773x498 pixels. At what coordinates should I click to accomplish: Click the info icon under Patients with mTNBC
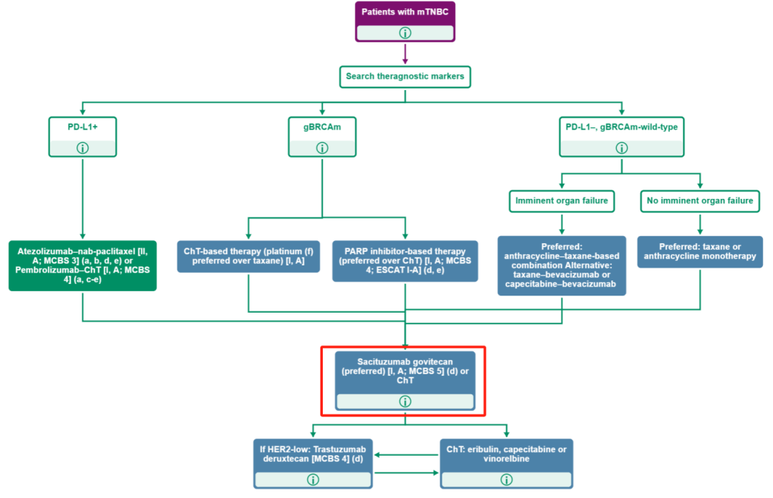coord(405,33)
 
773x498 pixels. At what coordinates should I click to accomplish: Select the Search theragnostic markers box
coord(405,76)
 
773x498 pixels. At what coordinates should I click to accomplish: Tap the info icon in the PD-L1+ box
coord(83,148)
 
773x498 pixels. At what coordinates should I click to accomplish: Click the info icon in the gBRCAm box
coord(322,148)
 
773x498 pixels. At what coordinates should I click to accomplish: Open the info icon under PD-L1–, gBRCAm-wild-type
coord(621,148)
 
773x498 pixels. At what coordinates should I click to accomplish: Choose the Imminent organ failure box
coord(562,200)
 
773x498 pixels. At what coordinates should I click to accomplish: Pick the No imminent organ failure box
coord(699,200)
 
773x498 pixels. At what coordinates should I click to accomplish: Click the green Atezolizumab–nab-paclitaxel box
coord(83,265)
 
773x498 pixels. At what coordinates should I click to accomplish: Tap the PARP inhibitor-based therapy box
coord(405,261)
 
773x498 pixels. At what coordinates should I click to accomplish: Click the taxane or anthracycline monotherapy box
coord(699,252)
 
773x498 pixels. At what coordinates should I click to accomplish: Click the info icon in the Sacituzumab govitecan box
coord(405,401)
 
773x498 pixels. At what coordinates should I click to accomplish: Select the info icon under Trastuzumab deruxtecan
coord(313,479)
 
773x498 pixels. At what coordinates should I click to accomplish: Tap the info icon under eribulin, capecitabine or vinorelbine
coord(507,479)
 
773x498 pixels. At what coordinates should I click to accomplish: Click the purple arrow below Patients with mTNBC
coord(405,54)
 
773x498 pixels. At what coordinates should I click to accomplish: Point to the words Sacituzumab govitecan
coord(405,361)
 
